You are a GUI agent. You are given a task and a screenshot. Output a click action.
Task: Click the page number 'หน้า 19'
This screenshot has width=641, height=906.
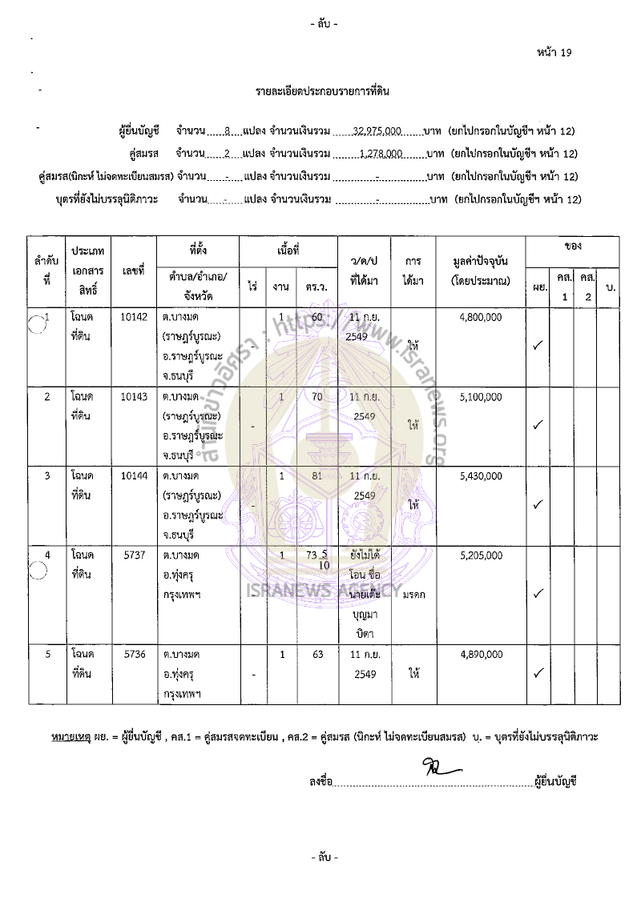click(x=554, y=53)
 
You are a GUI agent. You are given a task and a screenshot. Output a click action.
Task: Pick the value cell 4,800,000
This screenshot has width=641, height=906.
click(x=481, y=317)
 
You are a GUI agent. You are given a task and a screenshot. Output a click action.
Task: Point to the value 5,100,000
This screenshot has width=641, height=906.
click(x=481, y=396)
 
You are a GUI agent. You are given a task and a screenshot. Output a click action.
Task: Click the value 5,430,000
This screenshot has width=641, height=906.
click(x=481, y=475)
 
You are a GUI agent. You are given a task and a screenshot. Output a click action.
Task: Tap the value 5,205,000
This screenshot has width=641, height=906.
click(x=481, y=555)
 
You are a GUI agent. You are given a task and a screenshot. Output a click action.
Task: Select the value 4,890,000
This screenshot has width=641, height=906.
click(x=481, y=654)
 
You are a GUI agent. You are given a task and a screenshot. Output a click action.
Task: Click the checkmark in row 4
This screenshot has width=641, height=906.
click(x=539, y=593)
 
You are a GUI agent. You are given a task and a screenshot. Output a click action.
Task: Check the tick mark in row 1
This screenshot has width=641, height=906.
click(x=539, y=345)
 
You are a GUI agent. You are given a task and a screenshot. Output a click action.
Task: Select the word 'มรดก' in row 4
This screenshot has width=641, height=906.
click(x=414, y=595)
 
